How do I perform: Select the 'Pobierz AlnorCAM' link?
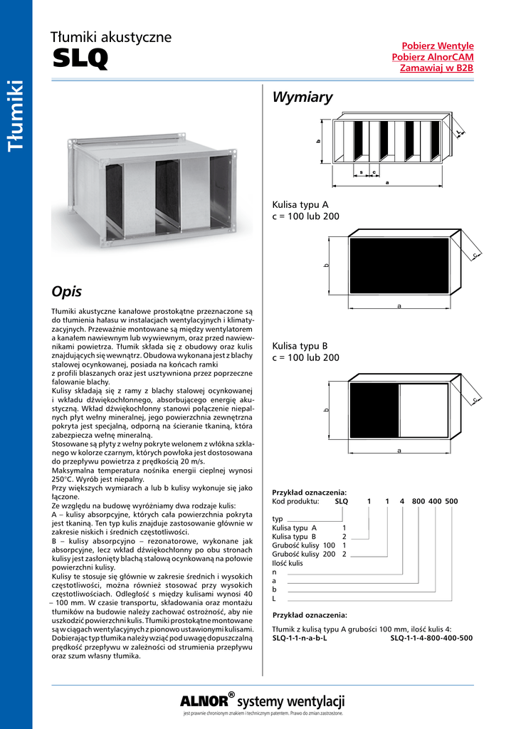(433, 57)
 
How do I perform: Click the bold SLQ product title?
(80, 59)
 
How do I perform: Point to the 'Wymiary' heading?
(302, 98)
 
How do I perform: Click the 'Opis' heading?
(67, 292)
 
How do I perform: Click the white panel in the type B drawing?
(423, 410)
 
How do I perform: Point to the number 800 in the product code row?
(418, 501)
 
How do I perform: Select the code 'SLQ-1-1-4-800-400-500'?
(431, 638)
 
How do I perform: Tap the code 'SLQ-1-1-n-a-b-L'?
(300, 638)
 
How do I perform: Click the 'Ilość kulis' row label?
(288, 563)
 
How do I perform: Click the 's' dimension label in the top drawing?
(362, 172)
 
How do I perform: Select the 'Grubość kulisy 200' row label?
(304, 554)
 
